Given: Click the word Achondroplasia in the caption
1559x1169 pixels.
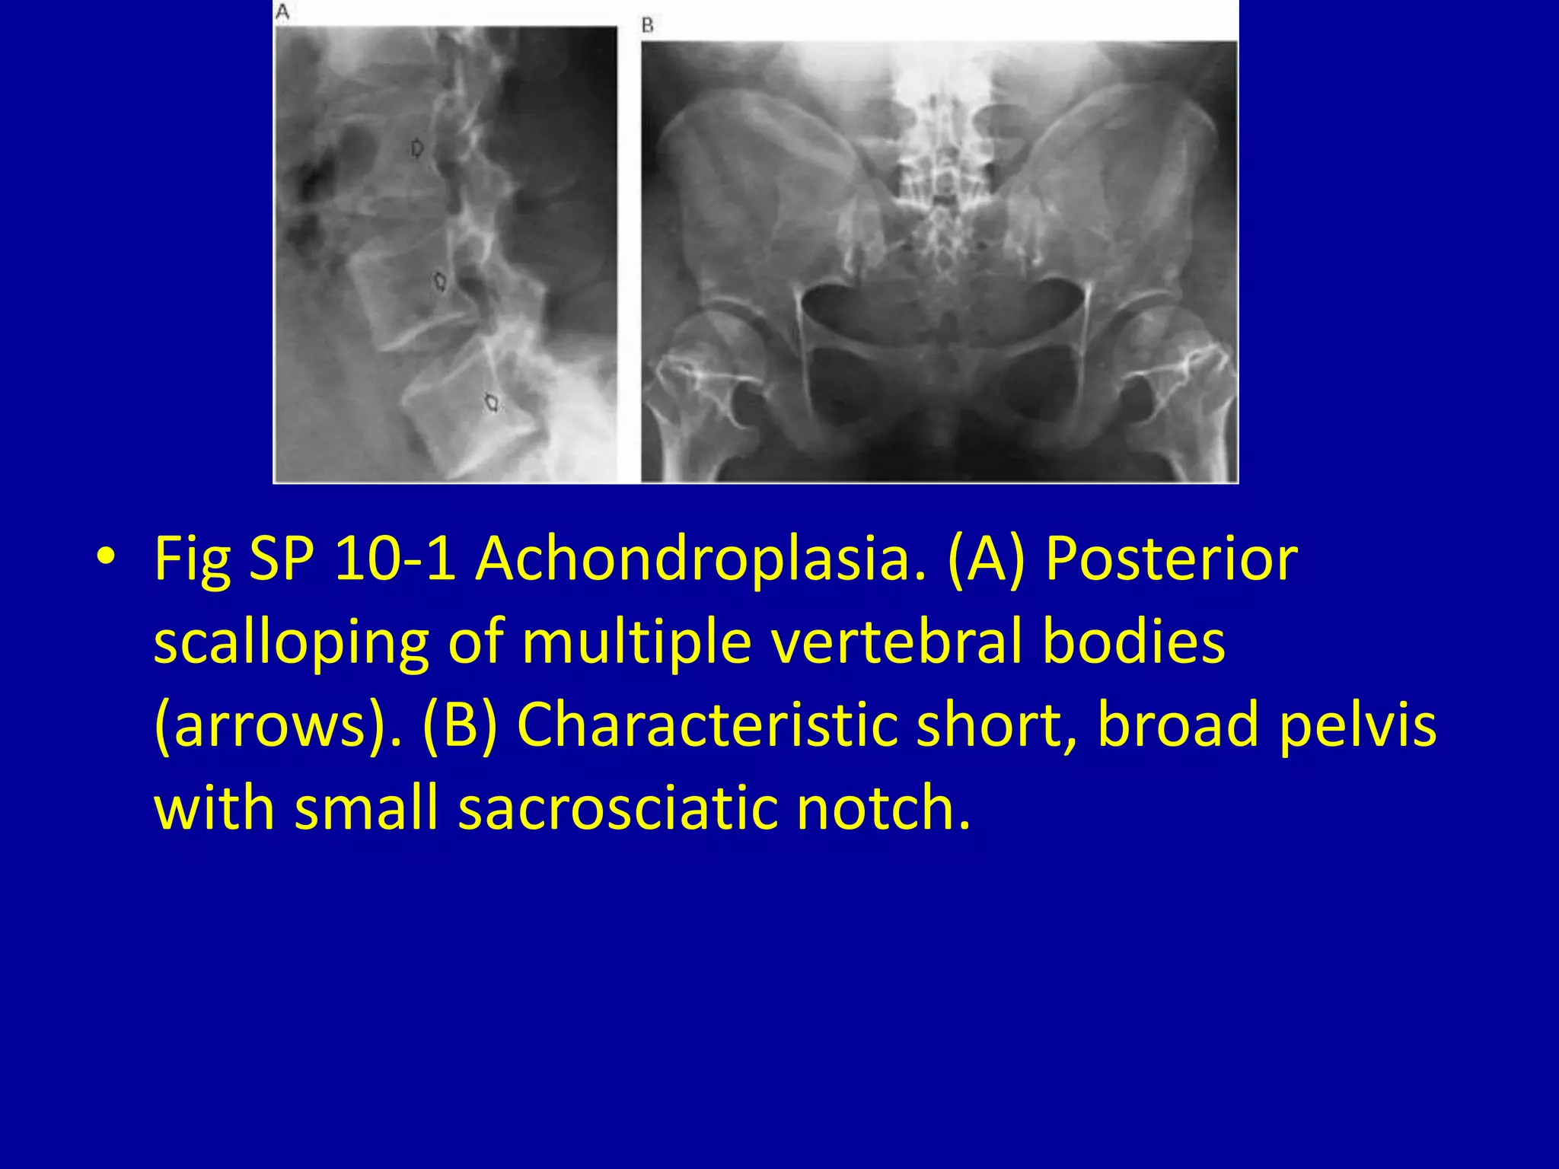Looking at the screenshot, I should [x=701, y=559].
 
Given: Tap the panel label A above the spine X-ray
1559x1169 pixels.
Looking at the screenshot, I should [x=282, y=13].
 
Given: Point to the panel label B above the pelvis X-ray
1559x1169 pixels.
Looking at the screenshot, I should [x=648, y=26].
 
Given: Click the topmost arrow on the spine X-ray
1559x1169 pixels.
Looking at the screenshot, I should [x=416, y=148].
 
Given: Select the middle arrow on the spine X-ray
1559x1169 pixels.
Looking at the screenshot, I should [x=439, y=282].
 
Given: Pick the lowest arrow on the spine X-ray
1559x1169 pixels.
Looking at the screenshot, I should [x=493, y=402].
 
